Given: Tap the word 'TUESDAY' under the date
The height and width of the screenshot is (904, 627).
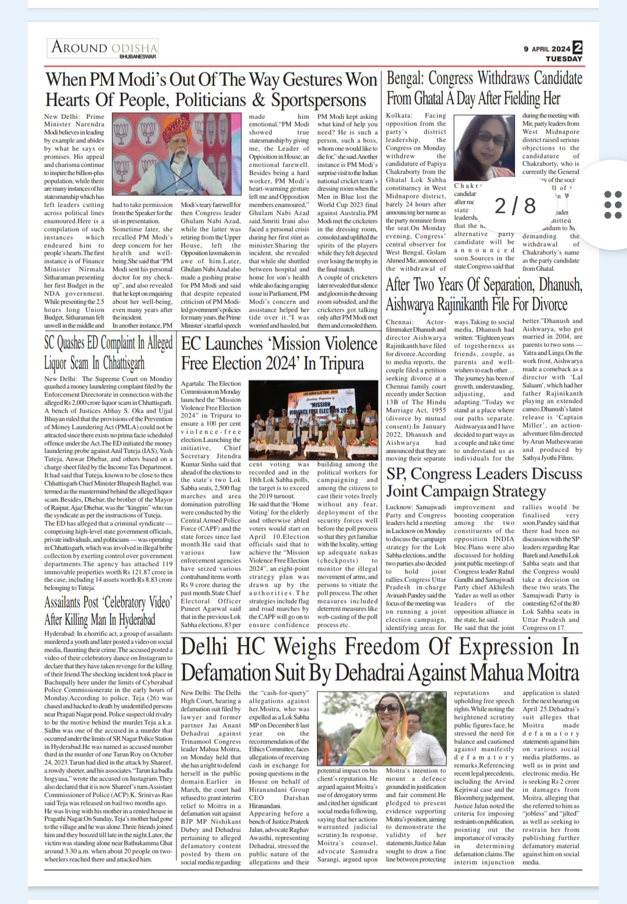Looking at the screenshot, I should pyautogui.click(x=563, y=59).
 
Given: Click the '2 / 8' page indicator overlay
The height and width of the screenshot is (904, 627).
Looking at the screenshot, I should pyautogui.click(x=515, y=205).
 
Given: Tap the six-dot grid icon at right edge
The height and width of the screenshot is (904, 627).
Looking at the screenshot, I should pyautogui.click(x=613, y=205).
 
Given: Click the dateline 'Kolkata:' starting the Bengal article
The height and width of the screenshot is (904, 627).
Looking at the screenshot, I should pyautogui.click(x=399, y=116).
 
